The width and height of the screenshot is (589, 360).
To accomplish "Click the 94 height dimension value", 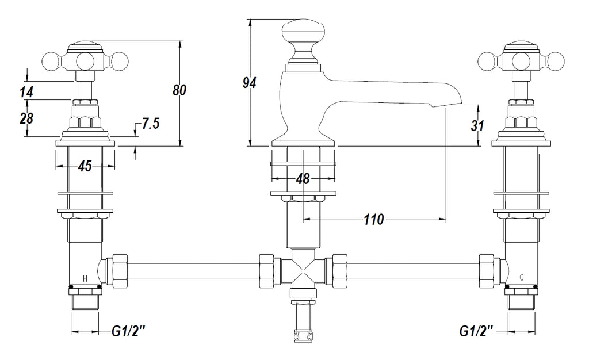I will click(249, 83).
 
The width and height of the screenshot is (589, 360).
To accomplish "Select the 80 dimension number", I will click(180, 90).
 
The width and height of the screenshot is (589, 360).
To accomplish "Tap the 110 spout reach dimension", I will click(374, 219).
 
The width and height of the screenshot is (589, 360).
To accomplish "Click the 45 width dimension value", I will click(85, 166).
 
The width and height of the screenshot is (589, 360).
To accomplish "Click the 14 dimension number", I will click(26, 91).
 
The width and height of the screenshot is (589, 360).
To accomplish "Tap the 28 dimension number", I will click(26, 118).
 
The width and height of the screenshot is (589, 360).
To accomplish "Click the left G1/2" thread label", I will click(127, 331).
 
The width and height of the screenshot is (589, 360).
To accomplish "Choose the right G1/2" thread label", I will click(476, 331).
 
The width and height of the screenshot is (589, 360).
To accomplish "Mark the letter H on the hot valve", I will click(85, 279).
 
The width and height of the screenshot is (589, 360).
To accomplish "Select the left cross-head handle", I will click(85, 58).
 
